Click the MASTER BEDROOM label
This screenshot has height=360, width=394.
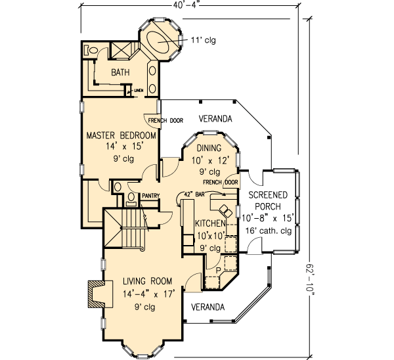pos(121,135)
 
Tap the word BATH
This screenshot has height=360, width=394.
pos(120,72)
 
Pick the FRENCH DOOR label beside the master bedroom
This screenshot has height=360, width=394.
pos(163,121)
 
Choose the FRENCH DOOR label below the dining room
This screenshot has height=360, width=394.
pos(220,181)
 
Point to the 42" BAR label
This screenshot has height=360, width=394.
pos(195,195)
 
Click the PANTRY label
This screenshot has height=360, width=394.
pos(150,195)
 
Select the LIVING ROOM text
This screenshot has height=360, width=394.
pos(149,282)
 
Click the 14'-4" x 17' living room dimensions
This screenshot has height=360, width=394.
pos(149,294)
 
